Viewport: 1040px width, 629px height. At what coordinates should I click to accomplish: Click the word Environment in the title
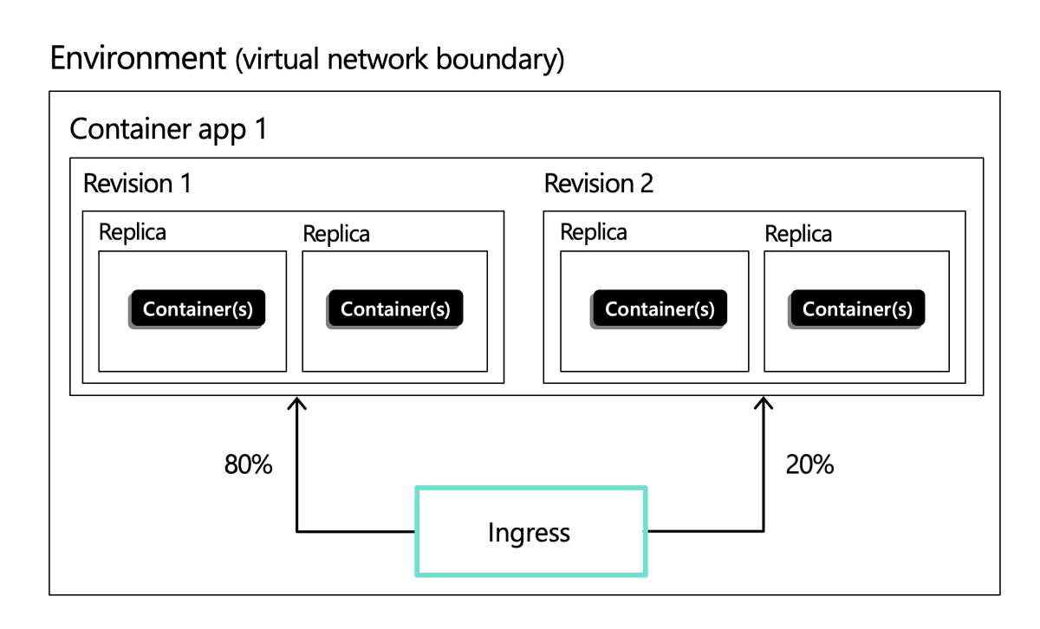[x=139, y=59]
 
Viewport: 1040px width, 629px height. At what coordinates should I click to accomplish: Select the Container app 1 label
[x=168, y=129]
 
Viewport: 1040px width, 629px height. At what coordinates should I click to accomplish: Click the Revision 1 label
[x=137, y=184]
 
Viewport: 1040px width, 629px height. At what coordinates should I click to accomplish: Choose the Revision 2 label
[x=599, y=184]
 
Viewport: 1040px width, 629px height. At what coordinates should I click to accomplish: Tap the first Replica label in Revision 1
[x=133, y=232]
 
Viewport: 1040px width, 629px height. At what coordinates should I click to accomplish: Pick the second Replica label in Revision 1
[x=336, y=234]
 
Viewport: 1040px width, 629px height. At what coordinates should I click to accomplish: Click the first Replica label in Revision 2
[x=594, y=232]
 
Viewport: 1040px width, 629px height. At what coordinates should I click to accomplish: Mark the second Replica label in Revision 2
[x=798, y=234]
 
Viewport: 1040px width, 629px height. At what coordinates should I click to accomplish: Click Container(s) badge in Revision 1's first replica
[x=198, y=309]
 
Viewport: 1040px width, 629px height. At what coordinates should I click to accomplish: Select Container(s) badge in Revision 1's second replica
[x=395, y=309]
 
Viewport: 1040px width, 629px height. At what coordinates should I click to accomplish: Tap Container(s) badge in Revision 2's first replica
[x=660, y=309]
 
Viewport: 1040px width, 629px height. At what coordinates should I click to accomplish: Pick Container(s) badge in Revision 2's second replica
[x=857, y=309]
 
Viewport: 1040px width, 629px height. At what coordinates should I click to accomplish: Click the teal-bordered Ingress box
[x=530, y=531]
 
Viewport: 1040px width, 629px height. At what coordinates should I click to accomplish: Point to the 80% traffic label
[x=249, y=465]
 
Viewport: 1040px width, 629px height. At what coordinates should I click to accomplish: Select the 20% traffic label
[x=809, y=465]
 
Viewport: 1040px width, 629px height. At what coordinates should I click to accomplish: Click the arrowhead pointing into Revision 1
[x=297, y=403]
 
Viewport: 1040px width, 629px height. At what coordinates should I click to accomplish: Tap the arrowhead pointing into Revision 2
[x=764, y=403]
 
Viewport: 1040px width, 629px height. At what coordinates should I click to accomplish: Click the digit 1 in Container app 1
[x=259, y=129]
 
